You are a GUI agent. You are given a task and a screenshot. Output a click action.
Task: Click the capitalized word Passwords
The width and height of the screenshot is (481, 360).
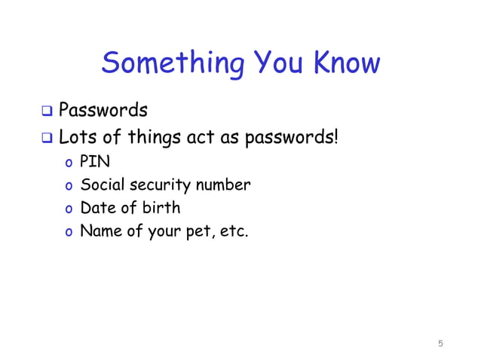(103, 111)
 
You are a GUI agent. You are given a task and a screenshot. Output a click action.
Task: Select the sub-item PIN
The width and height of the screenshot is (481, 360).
(95, 163)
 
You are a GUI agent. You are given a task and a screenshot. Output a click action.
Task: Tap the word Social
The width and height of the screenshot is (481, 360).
(101, 185)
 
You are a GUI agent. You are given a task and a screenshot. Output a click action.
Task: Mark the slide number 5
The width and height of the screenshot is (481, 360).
(440, 344)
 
